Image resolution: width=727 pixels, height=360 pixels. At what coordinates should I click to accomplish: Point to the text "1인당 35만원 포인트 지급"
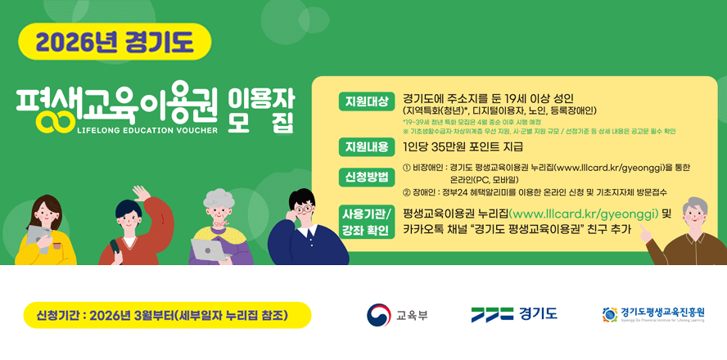click(463, 147)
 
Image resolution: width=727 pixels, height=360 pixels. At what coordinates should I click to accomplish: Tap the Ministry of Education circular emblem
click(378, 315)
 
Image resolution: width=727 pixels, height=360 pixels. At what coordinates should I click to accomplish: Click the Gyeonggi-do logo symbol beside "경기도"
click(491, 314)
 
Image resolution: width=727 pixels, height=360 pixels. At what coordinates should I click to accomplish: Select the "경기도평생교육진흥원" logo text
click(662, 312)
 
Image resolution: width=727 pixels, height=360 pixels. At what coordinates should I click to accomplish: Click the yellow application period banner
click(168, 315)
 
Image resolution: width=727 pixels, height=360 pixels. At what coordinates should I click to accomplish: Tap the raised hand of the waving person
click(142, 194)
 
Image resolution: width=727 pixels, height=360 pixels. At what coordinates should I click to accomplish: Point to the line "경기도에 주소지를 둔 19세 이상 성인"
click(489, 98)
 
